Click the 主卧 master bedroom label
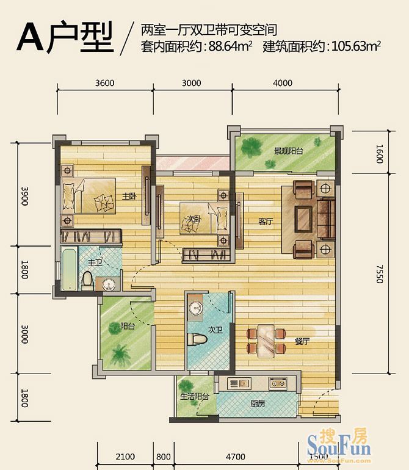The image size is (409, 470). pos(128,196)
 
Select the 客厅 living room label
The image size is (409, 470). pos(265,222)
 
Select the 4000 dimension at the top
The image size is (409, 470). pos(283,84)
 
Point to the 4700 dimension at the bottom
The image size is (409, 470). pos(235,457)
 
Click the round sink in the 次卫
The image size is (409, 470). pos(195,308)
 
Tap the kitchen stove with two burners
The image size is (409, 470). pos(278,383)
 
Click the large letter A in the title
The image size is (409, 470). pos(35,38)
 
